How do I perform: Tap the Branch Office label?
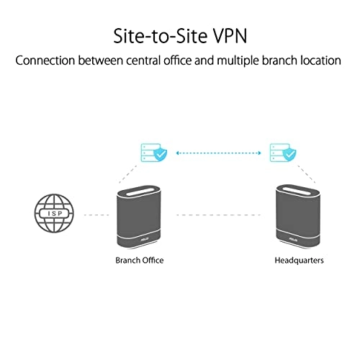tap(139, 260)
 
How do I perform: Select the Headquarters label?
tap(299, 260)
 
